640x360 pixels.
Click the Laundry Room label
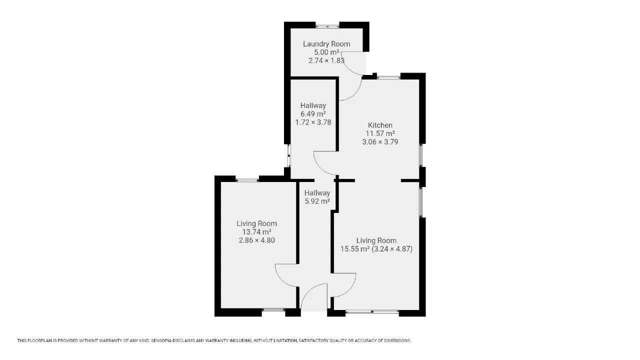point(326,44)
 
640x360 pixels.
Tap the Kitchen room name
point(380,125)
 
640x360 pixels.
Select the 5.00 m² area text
point(326,52)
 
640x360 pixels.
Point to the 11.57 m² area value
point(380,133)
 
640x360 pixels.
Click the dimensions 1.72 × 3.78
point(313,122)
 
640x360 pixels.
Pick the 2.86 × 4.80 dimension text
point(257,240)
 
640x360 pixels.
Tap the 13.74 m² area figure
point(257,231)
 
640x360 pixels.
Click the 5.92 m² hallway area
point(317,201)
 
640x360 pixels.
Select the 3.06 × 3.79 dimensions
point(380,141)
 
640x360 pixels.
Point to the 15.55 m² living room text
point(355,249)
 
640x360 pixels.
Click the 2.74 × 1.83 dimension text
point(326,60)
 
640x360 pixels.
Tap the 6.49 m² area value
point(313,114)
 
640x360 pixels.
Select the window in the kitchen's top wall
point(389,77)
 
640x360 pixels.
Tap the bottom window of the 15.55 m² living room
point(372,311)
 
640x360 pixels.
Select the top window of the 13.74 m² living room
point(247,180)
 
